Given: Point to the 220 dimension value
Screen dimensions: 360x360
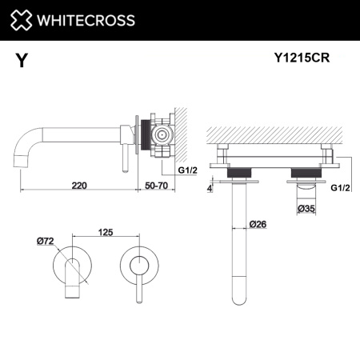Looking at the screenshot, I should [79, 185].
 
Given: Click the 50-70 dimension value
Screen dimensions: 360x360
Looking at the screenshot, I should [156, 185].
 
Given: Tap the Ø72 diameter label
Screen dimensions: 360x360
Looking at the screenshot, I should [45, 240].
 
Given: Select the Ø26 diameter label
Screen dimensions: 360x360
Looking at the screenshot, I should [257, 223].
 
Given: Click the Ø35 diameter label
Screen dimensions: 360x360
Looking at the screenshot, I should [306, 210].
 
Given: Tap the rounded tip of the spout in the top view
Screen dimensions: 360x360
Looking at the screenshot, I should [238, 298].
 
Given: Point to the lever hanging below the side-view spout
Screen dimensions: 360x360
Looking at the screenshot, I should [123, 157].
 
